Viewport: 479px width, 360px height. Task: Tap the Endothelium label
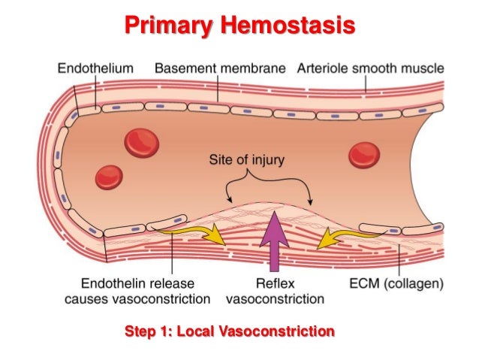95,68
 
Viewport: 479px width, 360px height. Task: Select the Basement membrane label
220,68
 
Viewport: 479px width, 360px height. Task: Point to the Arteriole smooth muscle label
371,68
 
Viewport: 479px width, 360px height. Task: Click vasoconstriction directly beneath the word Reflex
275,299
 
